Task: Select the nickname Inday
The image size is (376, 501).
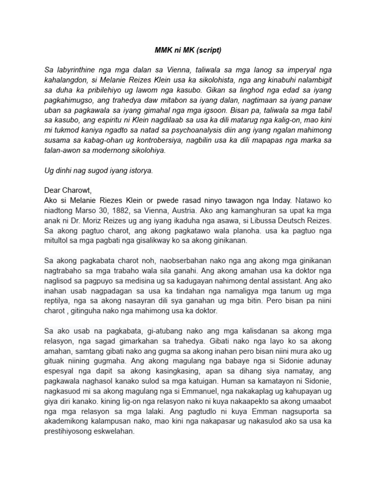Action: (281, 200)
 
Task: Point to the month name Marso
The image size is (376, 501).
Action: (84, 210)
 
